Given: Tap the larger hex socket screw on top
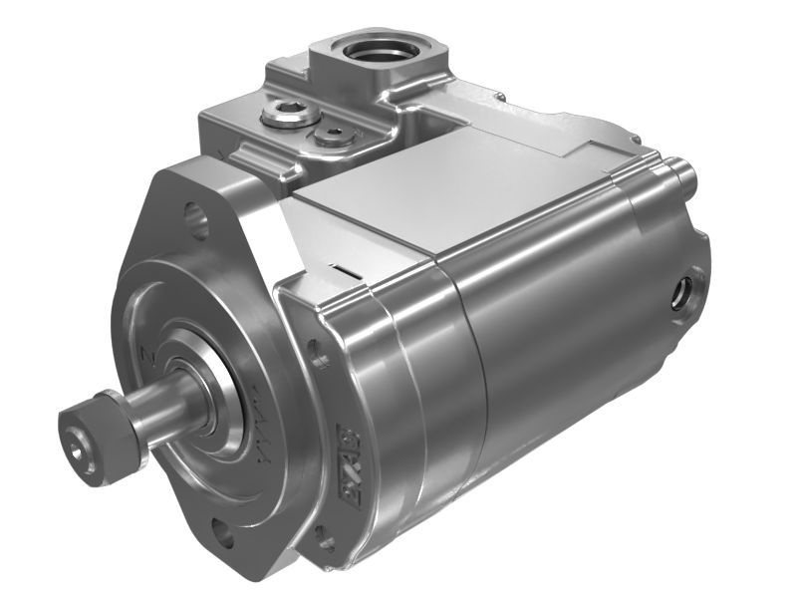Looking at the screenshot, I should [x=283, y=115].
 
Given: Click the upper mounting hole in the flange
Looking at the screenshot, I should [x=197, y=220].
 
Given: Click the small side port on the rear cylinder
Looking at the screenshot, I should [x=685, y=292].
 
